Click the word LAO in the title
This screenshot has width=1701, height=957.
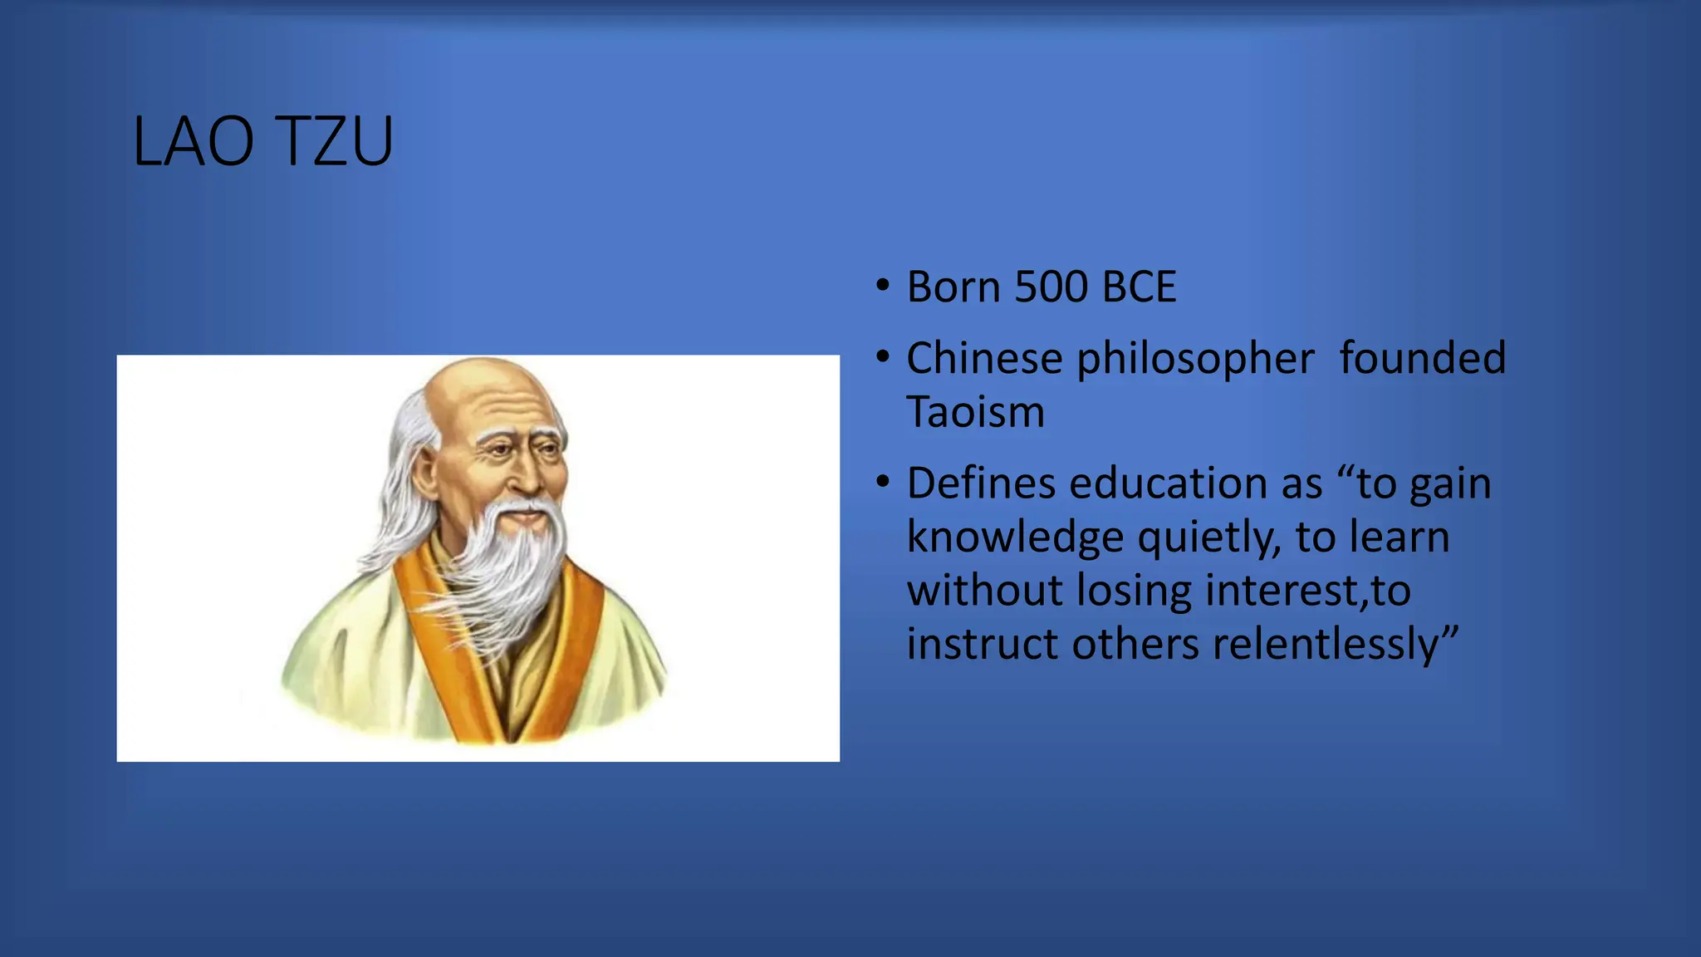pyautogui.click(x=193, y=142)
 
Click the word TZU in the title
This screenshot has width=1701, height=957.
pyautogui.click(x=333, y=142)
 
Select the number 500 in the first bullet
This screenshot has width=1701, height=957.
pyautogui.click(x=1051, y=287)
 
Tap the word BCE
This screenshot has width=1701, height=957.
pyautogui.click(x=1139, y=287)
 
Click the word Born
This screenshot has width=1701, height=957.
pyautogui.click(x=953, y=287)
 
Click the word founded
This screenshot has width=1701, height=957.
pyautogui.click(x=1422, y=359)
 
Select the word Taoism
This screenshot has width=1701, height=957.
pyautogui.click(x=975, y=412)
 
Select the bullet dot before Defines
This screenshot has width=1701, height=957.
pyautogui.click(x=883, y=482)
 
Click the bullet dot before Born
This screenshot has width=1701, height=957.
pyautogui.click(x=883, y=286)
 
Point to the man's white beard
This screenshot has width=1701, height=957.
pyautogui.click(x=507, y=565)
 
